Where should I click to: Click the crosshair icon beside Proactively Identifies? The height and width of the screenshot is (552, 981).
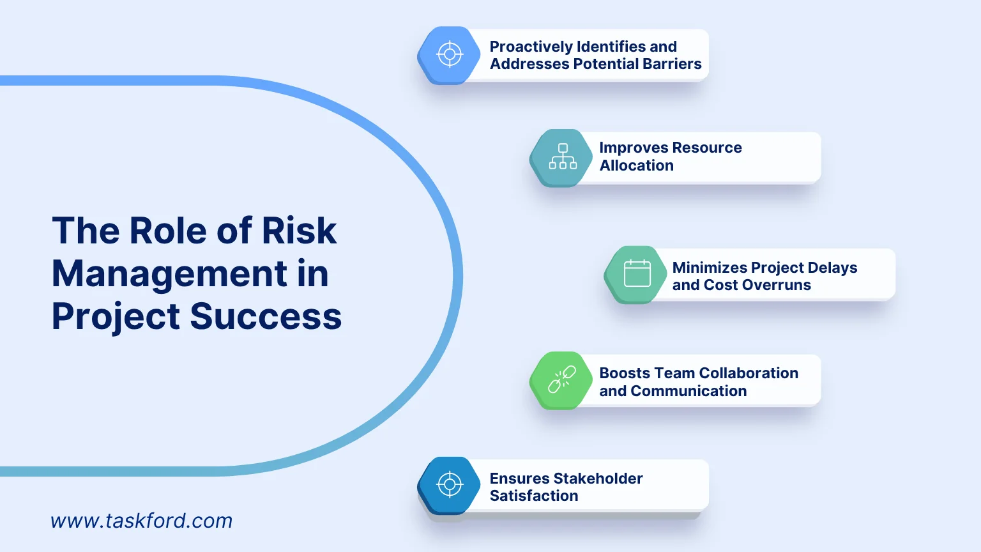450,54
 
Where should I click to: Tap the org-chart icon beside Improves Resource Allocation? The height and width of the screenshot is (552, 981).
562,157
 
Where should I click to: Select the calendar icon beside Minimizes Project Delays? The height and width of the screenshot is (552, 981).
637,274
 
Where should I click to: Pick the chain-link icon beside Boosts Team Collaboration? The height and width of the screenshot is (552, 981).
562,380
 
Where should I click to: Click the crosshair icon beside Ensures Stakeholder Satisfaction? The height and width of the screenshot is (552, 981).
450,485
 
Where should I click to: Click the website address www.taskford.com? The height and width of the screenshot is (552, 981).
141,521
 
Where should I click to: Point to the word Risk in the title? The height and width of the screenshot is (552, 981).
299,231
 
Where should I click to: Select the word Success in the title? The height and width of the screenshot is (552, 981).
266,316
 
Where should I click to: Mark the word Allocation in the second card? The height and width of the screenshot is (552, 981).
636,165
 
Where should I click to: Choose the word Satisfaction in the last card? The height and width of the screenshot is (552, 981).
533,496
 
